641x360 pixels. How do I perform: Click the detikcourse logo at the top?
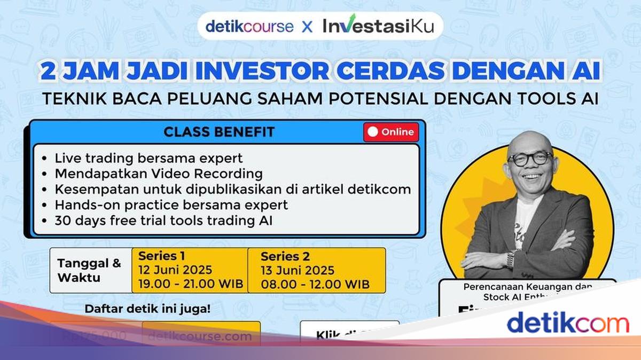click(249, 26)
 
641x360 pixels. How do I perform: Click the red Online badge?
click(391, 132)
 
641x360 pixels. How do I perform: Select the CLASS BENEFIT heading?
click(219, 131)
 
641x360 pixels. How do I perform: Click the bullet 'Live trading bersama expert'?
click(148, 158)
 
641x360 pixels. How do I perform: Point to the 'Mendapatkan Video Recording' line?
click(159, 174)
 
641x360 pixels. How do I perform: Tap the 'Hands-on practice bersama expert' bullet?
click(171, 205)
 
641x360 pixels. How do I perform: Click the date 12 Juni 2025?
click(175, 270)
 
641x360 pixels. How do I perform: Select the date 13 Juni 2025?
click(298, 270)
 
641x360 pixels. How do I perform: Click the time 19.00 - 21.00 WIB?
click(191, 284)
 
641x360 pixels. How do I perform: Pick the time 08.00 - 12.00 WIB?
click(315, 284)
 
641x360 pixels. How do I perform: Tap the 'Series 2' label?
click(285, 256)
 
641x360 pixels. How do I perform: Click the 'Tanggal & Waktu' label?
click(89, 270)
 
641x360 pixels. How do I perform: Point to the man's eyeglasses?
click(530, 159)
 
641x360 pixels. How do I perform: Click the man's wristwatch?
click(511, 259)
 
